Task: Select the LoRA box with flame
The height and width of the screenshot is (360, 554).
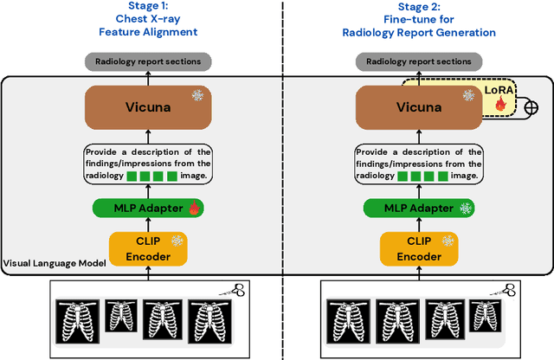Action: (499, 102)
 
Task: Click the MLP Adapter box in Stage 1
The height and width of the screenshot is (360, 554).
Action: (147, 209)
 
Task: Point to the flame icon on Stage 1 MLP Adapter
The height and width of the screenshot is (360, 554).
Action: (193, 209)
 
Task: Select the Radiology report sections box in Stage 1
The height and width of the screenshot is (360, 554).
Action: (147, 61)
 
